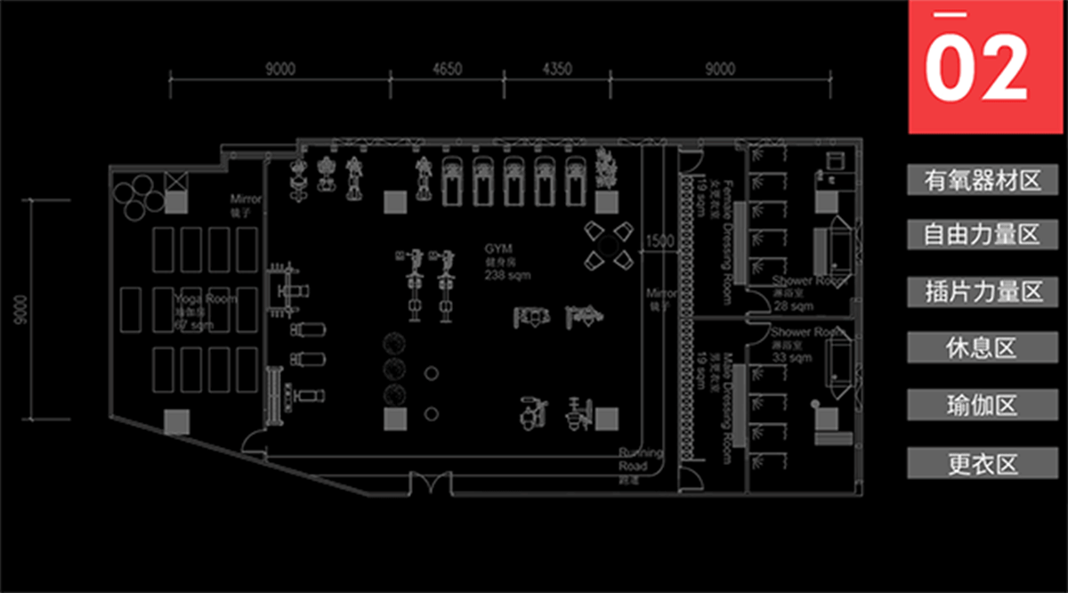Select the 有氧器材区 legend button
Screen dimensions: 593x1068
tap(983, 181)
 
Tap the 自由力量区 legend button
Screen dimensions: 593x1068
tap(983, 235)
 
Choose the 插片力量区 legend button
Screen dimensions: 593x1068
tap(983, 292)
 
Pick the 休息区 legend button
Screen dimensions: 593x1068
tap(983, 348)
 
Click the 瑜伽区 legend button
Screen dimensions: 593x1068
tap(983, 406)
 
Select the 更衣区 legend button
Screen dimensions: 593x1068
tap(983, 463)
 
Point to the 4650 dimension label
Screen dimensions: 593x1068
tap(447, 69)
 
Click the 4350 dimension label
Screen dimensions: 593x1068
tap(557, 69)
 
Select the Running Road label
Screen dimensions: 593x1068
tap(641, 459)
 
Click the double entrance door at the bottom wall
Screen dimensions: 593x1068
tap(432, 483)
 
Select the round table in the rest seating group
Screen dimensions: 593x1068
tap(610, 245)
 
